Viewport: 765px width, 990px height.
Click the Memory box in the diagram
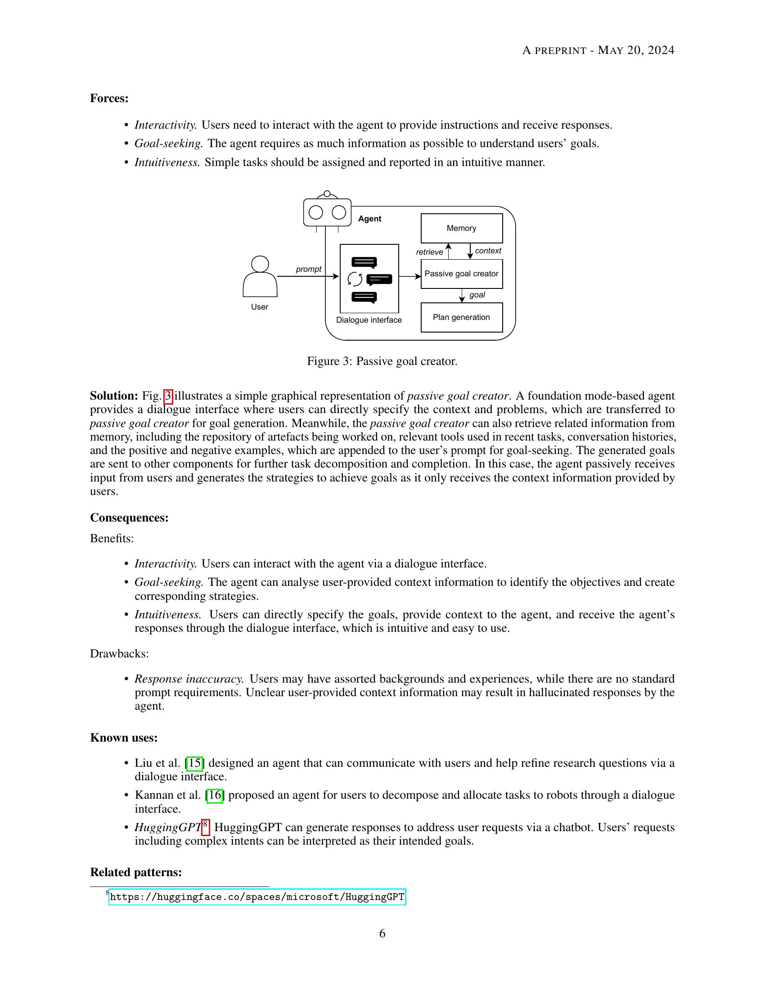(461, 228)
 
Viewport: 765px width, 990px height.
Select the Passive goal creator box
(461, 274)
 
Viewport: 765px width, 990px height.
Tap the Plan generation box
(461, 317)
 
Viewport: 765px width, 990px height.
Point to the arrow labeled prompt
(308, 276)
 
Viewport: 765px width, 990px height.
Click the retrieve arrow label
(429, 252)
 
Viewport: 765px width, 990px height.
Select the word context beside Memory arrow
(488, 251)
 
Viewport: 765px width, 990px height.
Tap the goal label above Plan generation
(477, 295)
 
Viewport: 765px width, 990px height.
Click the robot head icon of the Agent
(327, 211)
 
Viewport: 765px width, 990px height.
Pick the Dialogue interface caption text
(369, 320)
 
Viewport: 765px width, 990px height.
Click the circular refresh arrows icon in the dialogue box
(355, 279)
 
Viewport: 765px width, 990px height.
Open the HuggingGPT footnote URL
(257, 897)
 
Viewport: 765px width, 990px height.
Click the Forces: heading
(109, 99)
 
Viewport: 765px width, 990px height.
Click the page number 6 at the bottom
(382, 933)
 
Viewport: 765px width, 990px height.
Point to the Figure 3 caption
(382, 361)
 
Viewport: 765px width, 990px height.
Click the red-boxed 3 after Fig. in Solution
(168, 396)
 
